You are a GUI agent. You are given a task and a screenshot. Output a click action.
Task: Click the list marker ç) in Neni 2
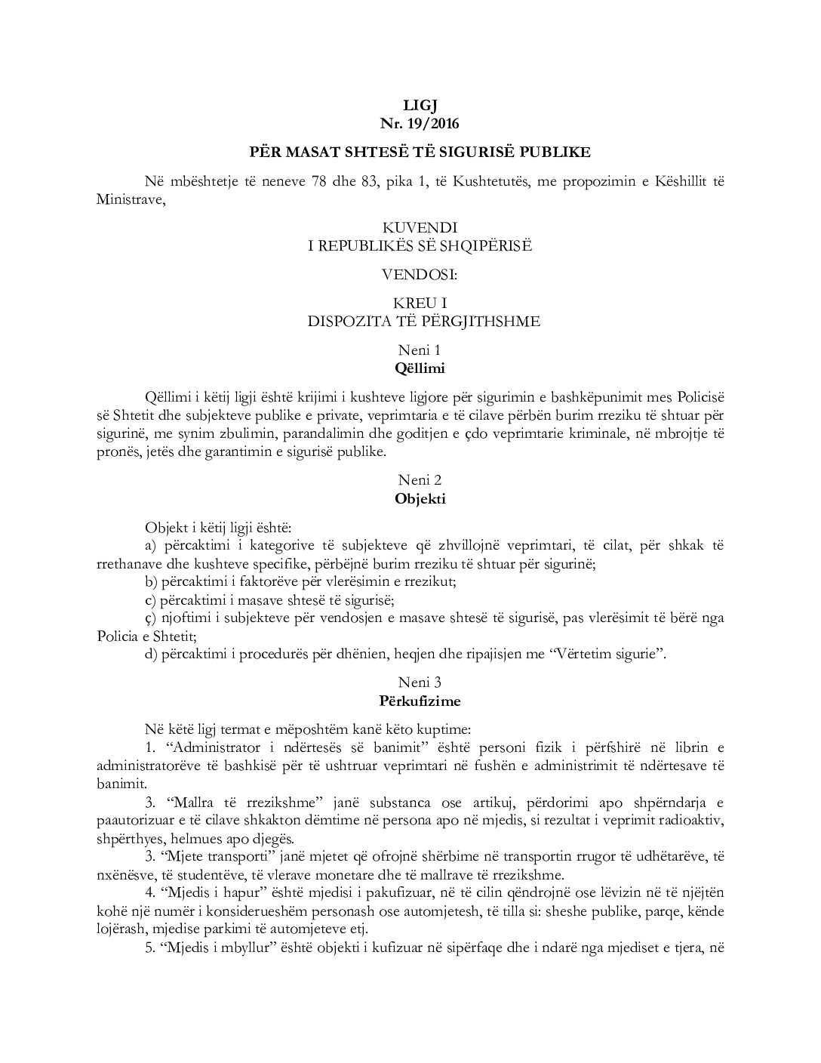click(149, 618)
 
